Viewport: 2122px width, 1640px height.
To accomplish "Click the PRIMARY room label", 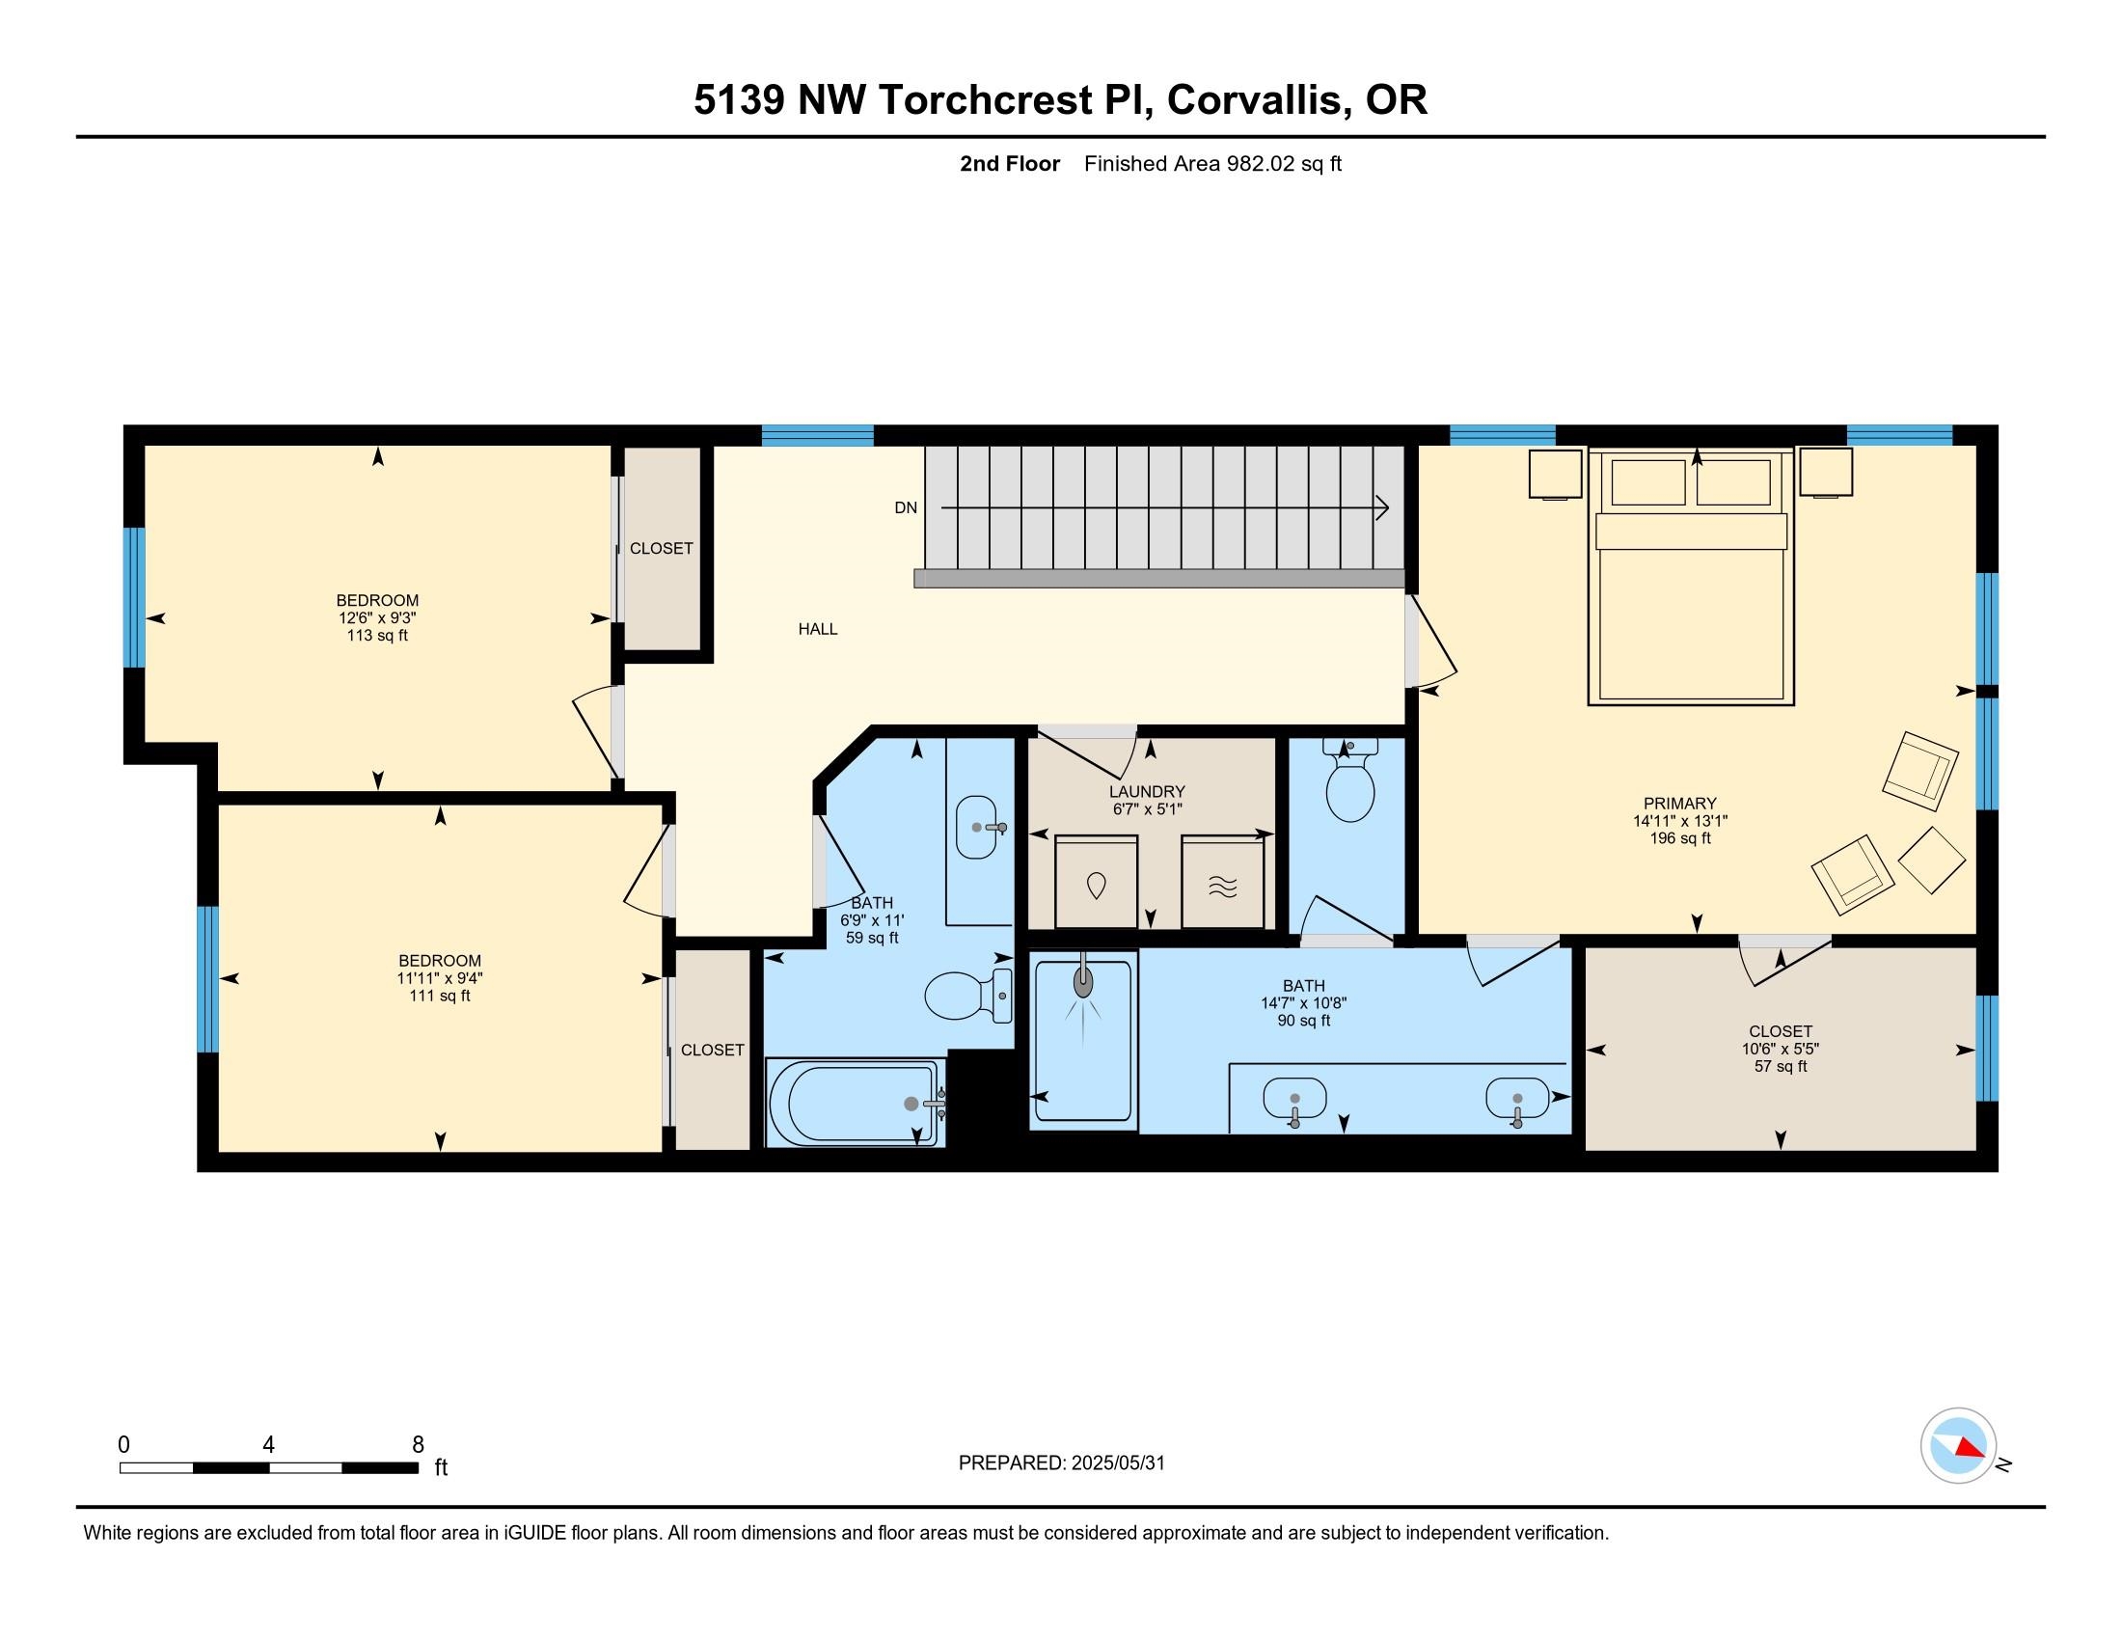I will [x=1679, y=804].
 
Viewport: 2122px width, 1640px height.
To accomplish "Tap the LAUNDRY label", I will [x=1147, y=792].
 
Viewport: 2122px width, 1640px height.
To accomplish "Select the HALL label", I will [x=817, y=629].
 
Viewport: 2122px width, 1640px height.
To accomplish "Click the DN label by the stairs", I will [x=905, y=507].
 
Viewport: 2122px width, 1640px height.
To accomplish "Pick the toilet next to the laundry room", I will [x=1349, y=788].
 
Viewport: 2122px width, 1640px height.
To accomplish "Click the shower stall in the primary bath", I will [x=1082, y=1041].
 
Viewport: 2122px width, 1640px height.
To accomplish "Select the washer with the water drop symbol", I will [x=1096, y=883].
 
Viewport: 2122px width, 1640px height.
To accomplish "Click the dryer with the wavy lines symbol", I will [x=1222, y=884].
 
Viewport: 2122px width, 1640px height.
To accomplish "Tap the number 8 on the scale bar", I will [x=418, y=1445].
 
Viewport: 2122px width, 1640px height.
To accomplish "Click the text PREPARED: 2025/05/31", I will [x=1061, y=1463].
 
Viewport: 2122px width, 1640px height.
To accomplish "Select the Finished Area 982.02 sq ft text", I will [x=1211, y=164].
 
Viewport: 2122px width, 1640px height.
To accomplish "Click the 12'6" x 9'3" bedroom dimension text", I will [x=377, y=618].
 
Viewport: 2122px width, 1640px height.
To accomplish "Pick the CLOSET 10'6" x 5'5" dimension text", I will [x=1780, y=1050].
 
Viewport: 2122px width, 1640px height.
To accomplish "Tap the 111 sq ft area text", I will [x=439, y=996].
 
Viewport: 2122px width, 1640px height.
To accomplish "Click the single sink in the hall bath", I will [x=976, y=827].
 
